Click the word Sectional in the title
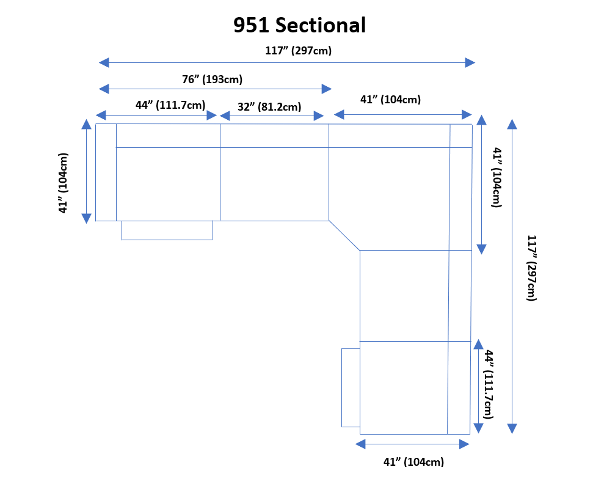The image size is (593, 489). point(321,25)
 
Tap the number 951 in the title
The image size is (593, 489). point(252,25)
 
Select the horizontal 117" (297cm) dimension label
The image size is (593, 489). point(298,51)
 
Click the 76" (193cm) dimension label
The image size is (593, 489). point(212,79)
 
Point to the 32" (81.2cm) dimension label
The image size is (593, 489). point(269,107)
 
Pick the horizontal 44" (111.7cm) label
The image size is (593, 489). point(170,105)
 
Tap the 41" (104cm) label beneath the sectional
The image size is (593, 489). point(413,462)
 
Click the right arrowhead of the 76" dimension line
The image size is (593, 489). point(327,89)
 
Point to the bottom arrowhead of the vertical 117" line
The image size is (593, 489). point(512,428)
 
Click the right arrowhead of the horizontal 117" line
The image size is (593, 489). point(470,62)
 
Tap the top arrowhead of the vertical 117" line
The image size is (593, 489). point(512,124)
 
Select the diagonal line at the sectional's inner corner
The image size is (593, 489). point(344,235)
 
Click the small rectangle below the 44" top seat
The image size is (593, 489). point(167,230)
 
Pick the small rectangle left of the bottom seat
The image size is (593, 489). point(351,388)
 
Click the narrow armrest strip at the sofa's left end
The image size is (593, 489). point(106,172)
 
